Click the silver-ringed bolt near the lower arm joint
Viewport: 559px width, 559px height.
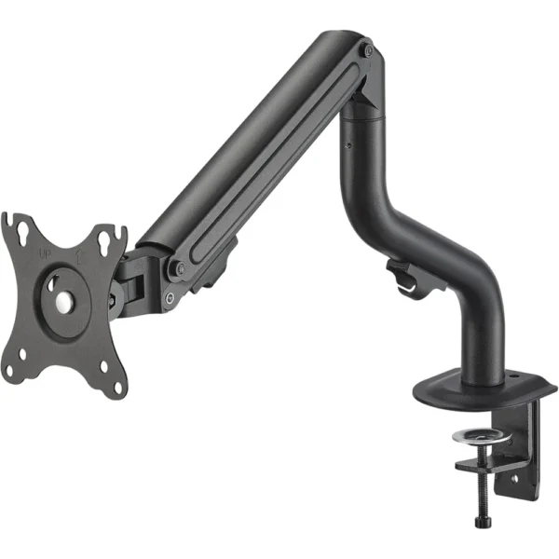coord(170,298)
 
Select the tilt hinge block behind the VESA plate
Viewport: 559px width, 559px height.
coord(130,280)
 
